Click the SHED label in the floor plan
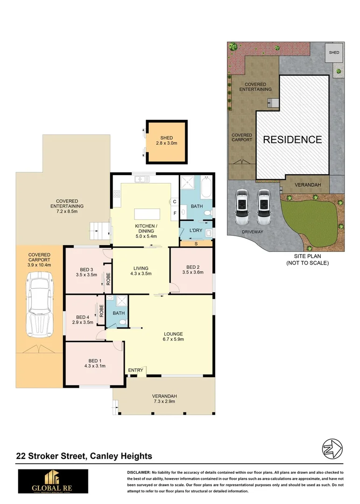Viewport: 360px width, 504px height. (x=167, y=138)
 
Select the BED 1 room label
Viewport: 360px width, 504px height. (x=94, y=360)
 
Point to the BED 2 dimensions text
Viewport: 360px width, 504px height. (x=192, y=273)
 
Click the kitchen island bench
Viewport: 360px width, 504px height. (x=147, y=214)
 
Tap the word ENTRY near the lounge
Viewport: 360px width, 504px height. (x=135, y=371)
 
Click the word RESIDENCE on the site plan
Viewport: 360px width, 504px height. (x=292, y=139)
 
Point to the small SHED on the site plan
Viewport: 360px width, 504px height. (x=334, y=53)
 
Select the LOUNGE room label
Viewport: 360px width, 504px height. (x=173, y=334)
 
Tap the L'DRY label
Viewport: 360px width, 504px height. (x=195, y=231)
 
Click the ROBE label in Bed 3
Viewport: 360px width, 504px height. (x=108, y=279)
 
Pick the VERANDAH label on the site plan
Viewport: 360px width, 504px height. (x=307, y=185)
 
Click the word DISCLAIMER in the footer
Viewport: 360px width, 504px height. (x=139, y=472)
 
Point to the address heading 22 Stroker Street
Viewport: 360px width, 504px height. (x=84, y=456)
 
